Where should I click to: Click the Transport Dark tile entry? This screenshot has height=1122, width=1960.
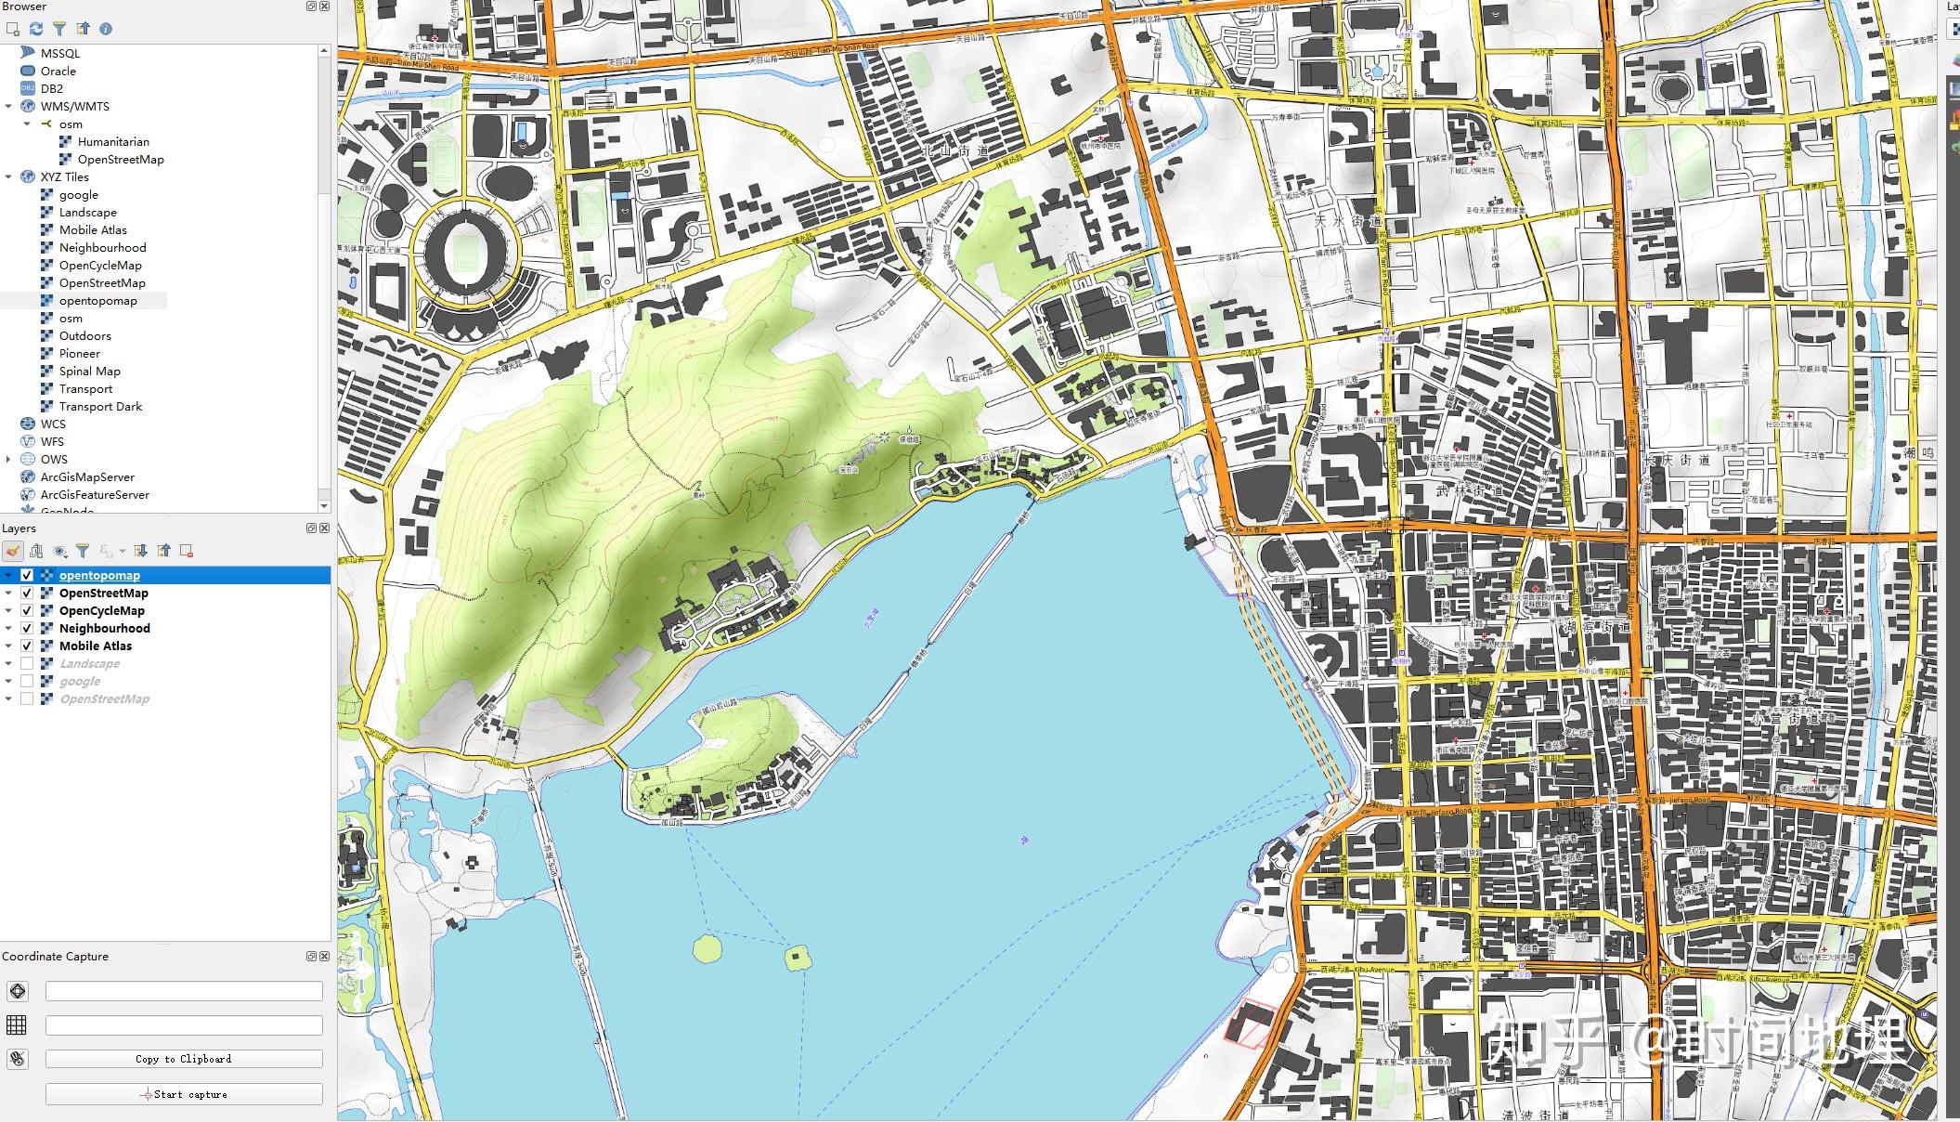pos(100,406)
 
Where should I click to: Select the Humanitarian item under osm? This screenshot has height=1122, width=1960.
pos(112,141)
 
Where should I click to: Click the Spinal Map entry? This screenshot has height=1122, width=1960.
pos(89,371)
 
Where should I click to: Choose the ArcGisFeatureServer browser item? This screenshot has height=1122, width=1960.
pos(95,494)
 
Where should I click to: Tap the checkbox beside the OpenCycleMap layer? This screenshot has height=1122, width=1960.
pos(27,610)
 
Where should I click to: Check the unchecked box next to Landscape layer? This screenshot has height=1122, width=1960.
pos(27,663)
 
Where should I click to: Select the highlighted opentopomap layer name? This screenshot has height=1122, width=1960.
pos(99,575)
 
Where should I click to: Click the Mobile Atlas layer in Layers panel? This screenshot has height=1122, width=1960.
pos(96,646)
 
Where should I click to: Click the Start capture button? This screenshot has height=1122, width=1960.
pos(184,1094)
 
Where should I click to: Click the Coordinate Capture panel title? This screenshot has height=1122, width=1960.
pos(56,956)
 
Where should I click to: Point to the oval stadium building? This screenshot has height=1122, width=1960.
pos(462,252)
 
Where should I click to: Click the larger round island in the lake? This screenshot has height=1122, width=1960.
pos(707,948)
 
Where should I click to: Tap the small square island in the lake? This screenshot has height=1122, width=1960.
pos(797,957)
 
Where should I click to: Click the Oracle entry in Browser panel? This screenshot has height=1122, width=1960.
pos(58,71)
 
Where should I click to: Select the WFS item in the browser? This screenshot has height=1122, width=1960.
pos(52,441)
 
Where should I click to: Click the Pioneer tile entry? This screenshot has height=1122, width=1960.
pos(80,353)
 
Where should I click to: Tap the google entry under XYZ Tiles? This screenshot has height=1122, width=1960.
pos(78,194)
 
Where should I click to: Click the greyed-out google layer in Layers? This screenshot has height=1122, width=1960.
pos(80,681)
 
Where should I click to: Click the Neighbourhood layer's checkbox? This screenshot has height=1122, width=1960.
pos(27,628)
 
